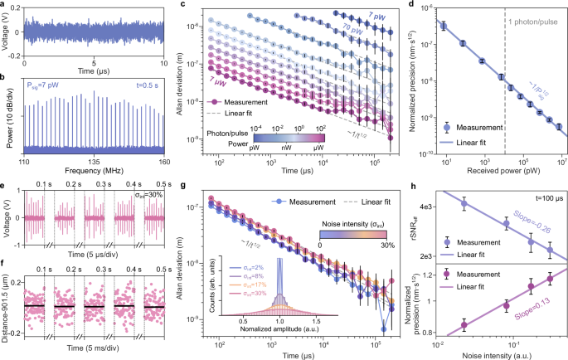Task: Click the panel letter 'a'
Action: pyautogui.click(x=4, y=6)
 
